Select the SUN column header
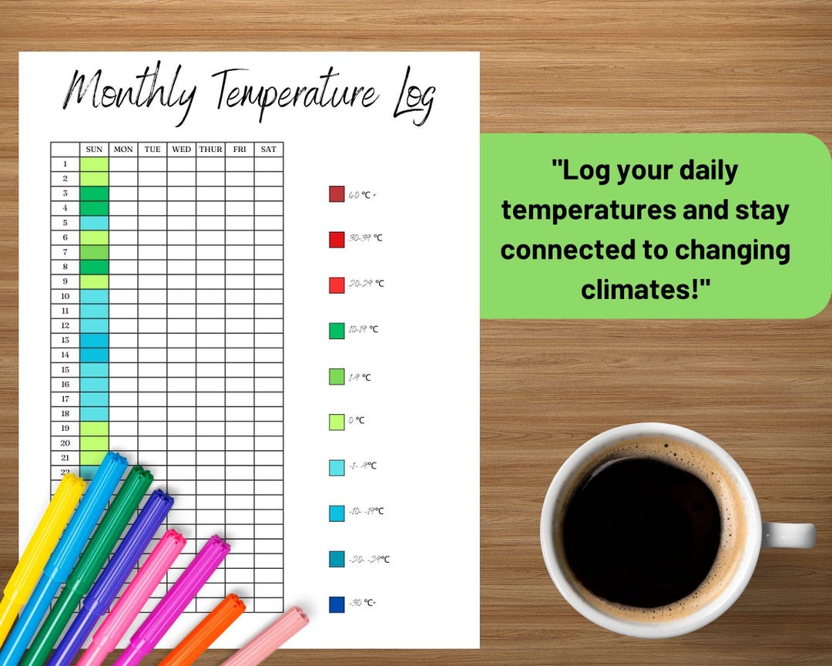tap(94, 149)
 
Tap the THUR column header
tap(210, 149)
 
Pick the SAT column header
tap(268, 149)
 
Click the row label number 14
tap(65, 355)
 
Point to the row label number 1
tap(65, 163)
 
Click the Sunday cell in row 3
tap(94, 193)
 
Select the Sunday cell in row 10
tap(94, 296)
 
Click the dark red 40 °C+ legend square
tap(337, 194)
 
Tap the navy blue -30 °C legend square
tap(337, 604)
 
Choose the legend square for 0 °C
tap(337, 422)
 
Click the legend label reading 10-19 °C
tap(363, 329)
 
